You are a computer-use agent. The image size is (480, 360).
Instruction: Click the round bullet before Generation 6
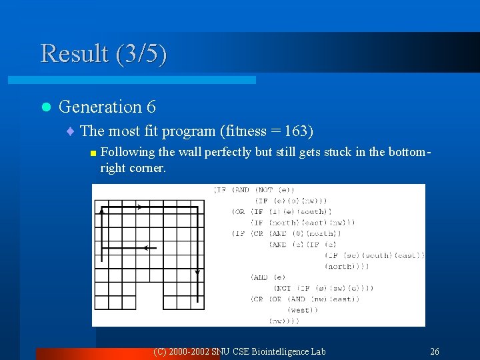pyautogui.click(x=45, y=107)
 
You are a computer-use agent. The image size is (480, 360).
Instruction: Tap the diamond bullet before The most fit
pyautogui.click(x=72, y=131)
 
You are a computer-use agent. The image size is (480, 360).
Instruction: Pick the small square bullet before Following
pyautogui.click(x=93, y=153)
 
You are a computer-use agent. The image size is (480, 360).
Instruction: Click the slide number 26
pyautogui.click(x=435, y=351)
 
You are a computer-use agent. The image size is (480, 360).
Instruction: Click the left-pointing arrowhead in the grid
pyautogui.click(x=147, y=248)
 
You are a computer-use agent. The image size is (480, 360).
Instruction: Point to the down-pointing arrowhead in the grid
pyautogui.click(x=197, y=272)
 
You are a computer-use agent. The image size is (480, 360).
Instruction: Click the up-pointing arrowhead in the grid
pyautogui.click(x=101, y=211)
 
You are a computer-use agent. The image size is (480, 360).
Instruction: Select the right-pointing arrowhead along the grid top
pyautogui.click(x=139, y=207)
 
